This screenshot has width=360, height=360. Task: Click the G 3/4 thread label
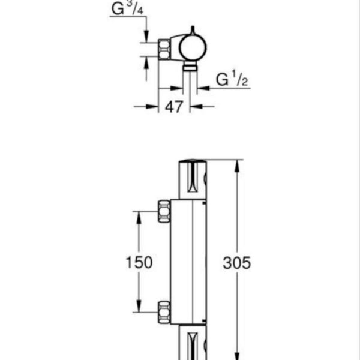127,8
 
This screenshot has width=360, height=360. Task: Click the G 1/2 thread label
232,79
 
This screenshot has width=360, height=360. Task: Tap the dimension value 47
174,107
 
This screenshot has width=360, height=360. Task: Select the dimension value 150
139,262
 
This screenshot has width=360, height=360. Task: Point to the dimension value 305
237,263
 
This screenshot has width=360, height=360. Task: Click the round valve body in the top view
193,48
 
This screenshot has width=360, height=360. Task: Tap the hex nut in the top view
164,49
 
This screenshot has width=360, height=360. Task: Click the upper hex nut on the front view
164,211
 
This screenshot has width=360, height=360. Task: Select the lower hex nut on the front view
164,312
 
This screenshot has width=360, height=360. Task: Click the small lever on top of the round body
193,31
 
